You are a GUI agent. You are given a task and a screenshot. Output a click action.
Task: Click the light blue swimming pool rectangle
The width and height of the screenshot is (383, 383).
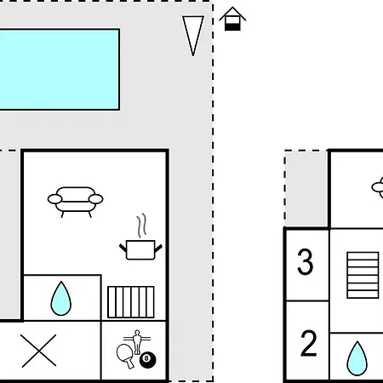(59, 69)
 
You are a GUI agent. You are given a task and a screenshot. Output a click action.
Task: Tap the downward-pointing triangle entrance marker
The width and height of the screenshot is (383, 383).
(193, 36)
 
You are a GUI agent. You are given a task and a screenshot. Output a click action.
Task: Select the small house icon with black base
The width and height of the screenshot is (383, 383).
(232, 19)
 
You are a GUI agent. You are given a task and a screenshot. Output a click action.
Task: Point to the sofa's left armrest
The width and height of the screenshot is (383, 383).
(54, 199)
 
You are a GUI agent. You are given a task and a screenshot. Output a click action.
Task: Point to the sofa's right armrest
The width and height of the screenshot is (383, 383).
(96, 199)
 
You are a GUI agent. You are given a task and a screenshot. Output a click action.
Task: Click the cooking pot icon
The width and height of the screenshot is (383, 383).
(140, 249)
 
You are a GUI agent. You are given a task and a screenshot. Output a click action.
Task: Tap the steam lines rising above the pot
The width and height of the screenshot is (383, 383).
(142, 225)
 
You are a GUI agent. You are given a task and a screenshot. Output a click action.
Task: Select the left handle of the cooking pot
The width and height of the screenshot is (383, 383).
(123, 248)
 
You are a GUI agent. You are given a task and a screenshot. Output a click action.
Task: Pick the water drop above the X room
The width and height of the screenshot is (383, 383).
(61, 299)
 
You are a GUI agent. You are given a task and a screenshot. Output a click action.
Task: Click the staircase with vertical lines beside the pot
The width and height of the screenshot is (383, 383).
(131, 302)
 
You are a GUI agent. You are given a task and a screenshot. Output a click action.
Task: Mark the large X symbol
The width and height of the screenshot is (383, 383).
(38, 351)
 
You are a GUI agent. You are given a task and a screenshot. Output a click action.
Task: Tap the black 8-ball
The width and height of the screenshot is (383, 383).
(147, 359)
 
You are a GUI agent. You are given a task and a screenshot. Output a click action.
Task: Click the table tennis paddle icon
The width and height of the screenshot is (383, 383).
(126, 355)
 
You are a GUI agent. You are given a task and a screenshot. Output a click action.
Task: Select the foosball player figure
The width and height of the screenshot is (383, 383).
(137, 341)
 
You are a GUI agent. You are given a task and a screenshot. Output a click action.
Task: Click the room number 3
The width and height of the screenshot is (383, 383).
(306, 261)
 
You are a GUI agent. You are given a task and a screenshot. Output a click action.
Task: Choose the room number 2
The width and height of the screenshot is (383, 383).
(308, 343)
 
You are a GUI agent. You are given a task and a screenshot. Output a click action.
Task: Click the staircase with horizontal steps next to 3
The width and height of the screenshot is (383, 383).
(363, 275)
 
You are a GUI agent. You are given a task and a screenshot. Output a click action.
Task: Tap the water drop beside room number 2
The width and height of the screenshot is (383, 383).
(357, 358)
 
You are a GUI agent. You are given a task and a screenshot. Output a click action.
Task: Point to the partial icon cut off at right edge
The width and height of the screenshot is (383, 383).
(378, 187)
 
